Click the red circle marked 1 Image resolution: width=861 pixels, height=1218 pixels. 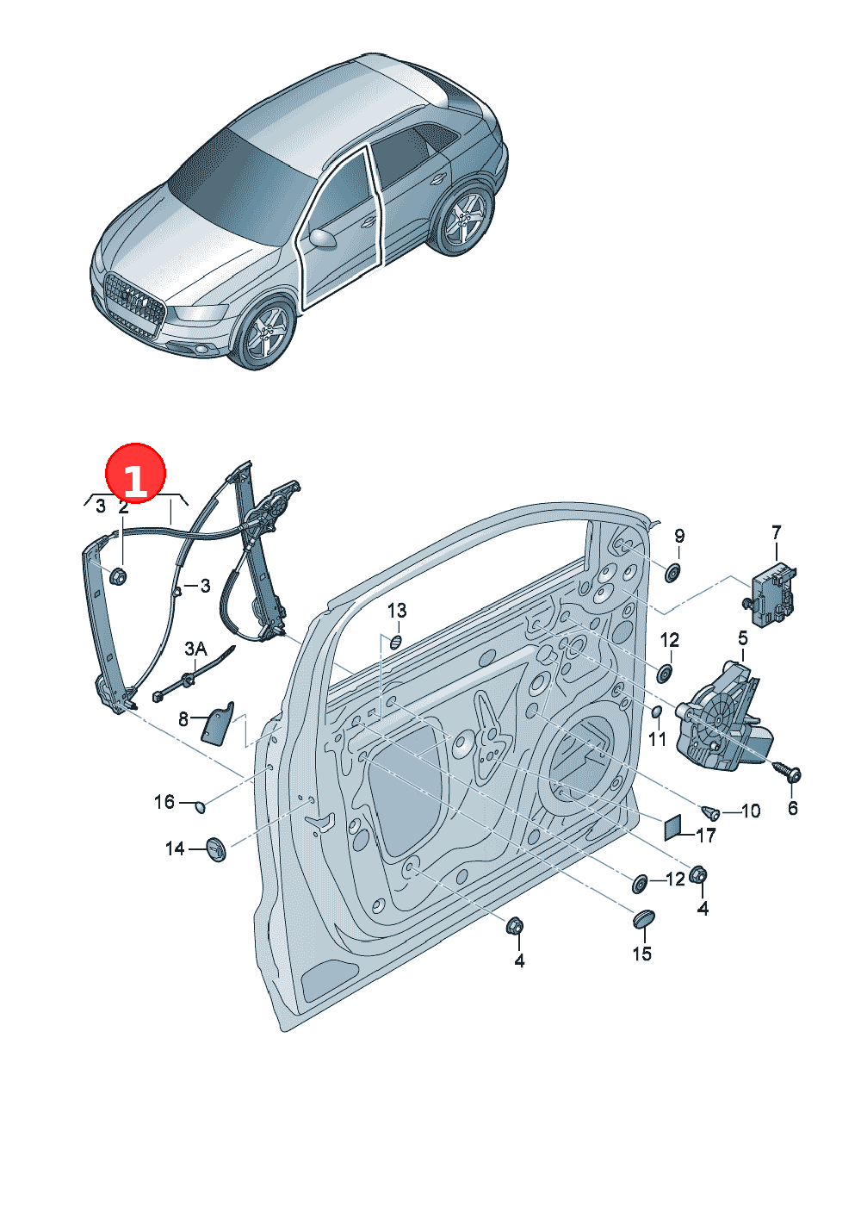pos(135,473)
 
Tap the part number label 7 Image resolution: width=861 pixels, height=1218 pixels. pos(776,532)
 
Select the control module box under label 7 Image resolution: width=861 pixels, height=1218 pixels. pos(771,593)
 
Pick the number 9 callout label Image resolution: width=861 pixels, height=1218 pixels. pos(679,536)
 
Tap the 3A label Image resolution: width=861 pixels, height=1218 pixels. pos(195,648)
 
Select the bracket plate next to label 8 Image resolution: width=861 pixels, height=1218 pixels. pos(218,724)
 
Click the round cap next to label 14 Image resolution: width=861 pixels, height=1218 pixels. pos(216,848)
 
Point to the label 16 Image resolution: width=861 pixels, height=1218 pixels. pos(164,801)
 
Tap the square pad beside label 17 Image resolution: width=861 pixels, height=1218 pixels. pos(673,828)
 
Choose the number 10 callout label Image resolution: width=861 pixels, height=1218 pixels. pos(750,811)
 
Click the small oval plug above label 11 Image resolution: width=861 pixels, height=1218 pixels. pos(657,712)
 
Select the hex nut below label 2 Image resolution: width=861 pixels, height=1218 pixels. pos(118,575)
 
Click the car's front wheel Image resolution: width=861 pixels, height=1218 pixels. pos(264,333)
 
